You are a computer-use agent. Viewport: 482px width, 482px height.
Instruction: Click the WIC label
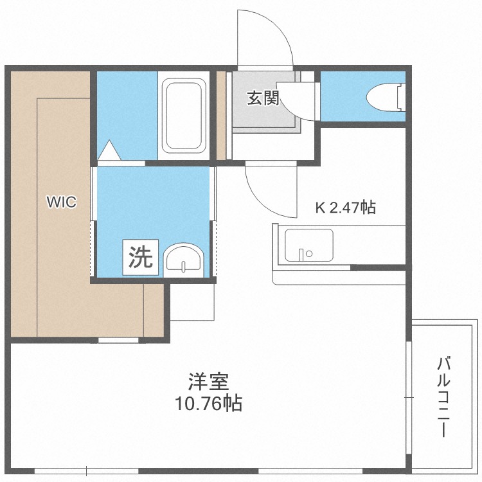coord(62,202)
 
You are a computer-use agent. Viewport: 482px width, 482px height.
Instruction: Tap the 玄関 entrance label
coord(263,98)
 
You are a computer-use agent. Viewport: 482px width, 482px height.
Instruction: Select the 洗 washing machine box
coord(141,257)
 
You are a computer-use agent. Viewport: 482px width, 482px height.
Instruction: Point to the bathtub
coord(184,116)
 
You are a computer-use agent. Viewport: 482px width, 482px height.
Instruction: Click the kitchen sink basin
coord(309,245)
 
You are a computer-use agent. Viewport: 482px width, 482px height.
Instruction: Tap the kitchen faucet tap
coord(301,254)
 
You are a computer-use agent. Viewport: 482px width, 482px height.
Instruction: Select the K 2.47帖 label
coord(345,208)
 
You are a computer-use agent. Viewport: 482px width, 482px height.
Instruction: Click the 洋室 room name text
coord(208,381)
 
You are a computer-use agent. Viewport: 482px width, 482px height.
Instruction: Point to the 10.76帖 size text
coord(208,403)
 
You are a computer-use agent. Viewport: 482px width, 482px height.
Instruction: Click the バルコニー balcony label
coord(443,397)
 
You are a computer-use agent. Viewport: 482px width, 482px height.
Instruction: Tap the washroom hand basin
coord(184,260)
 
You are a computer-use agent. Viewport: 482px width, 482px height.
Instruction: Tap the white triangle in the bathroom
coord(109,150)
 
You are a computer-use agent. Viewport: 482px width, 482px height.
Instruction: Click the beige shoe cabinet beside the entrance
coord(221,116)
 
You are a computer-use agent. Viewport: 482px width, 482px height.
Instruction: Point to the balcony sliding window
coord(408,397)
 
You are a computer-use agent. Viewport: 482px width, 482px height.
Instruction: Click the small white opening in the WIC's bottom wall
coord(118,340)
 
